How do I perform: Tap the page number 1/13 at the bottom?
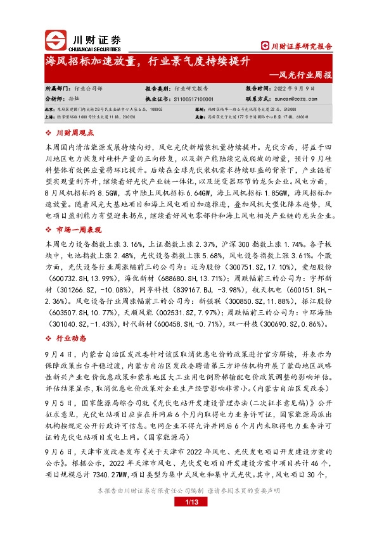pyautogui.click(x=188, y=520)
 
